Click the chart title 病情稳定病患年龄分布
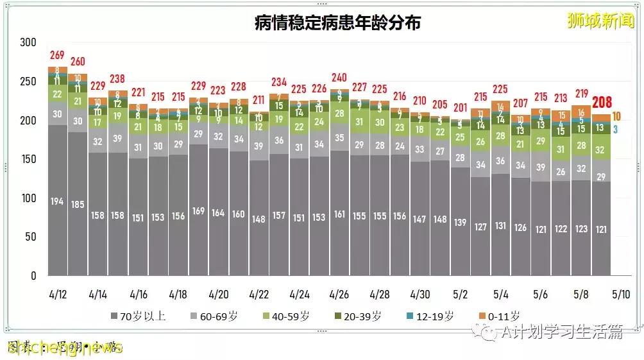click(x=337, y=23)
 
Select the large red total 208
click(x=602, y=103)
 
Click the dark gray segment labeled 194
click(x=58, y=201)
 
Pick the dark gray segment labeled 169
click(x=198, y=210)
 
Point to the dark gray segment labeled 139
click(x=460, y=222)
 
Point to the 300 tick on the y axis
click(x=28, y=42)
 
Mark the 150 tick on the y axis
click(x=28, y=159)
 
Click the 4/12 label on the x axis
click(x=58, y=294)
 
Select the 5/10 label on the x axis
click(x=621, y=294)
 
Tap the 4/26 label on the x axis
click(x=339, y=294)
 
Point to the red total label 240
click(x=339, y=78)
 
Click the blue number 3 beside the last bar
click(x=615, y=129)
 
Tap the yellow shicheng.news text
click(x=65, y=347)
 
